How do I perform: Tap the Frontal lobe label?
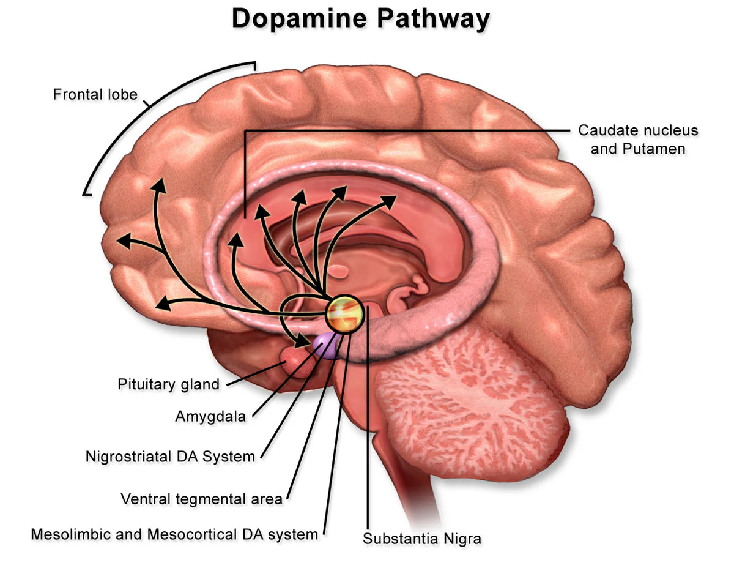tap(95, 95)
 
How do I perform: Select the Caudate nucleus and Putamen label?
tap(638, 140)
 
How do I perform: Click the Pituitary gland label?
tap(168, 384)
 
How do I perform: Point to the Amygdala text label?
tap(210, 417)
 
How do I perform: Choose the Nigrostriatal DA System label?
tap(170, 457)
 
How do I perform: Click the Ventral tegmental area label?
tap(201, 499)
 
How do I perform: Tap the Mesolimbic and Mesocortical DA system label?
tap(174, 534)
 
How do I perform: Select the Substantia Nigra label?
tap(422, 539)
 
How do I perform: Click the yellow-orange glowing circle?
tap(344, 313)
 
